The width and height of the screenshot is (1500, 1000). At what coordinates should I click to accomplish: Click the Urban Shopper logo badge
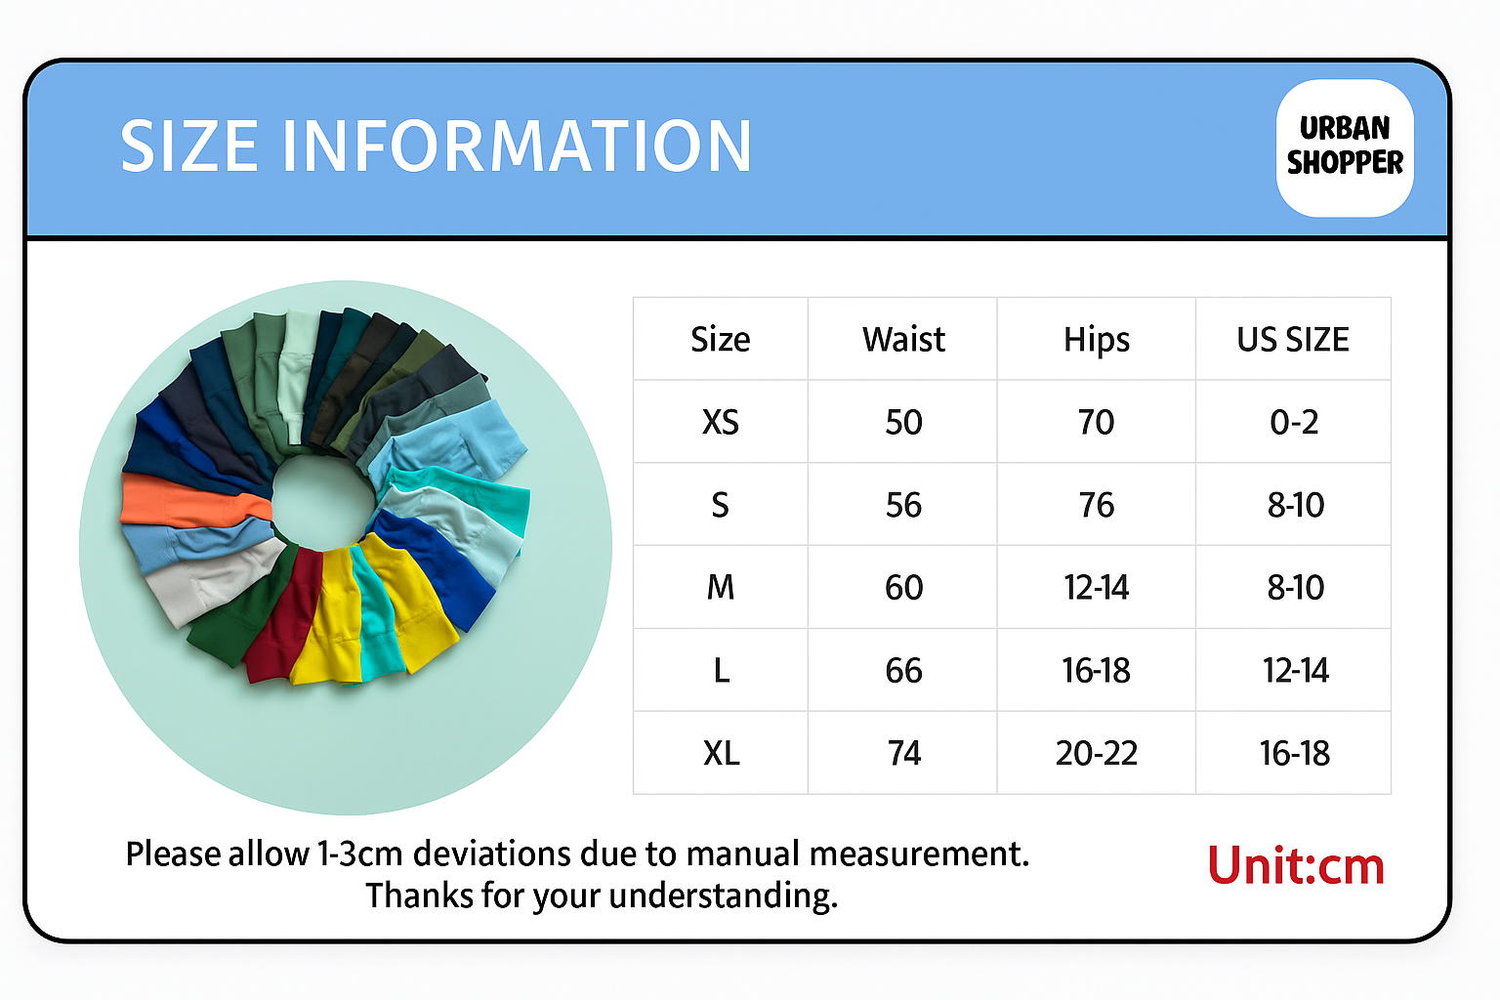(1345, 148)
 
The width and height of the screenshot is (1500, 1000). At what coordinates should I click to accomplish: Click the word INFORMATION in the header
(517, 146)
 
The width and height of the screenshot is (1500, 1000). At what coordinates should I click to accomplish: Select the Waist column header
(903, 339)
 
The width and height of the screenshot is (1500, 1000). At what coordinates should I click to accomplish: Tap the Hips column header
(1097, 340)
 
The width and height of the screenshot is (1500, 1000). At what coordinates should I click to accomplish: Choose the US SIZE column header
(1293, 340)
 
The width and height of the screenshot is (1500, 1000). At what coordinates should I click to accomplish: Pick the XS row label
(721, 422)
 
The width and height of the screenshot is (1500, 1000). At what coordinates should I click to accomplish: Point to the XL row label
(722, 753)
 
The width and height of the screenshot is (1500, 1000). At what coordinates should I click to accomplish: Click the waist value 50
(903, 422)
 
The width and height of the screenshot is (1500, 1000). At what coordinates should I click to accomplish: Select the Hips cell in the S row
(1097, 504)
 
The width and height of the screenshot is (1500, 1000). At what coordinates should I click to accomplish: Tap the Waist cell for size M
(903, 588)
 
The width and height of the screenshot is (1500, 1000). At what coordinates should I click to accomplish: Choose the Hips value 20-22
(1097, 753)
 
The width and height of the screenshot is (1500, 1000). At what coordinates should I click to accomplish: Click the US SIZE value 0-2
(1294, 422)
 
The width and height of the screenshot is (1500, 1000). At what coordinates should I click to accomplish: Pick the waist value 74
(904, 753)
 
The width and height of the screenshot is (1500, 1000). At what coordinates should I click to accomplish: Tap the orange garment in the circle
(194, 501)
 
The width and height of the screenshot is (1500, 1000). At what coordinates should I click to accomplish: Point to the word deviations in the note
(491, 854)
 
